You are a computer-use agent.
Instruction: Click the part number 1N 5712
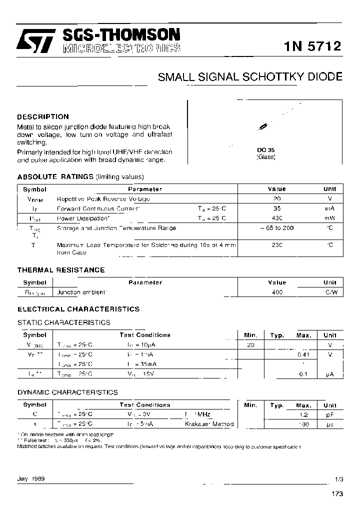312,46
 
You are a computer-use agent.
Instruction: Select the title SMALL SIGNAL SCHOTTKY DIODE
250,77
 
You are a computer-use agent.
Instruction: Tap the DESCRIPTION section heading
43,116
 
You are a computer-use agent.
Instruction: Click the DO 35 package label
265,150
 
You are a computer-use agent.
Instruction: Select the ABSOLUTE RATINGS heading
55,177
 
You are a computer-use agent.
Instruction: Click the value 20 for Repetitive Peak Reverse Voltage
277,198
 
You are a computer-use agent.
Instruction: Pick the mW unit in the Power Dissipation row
329,218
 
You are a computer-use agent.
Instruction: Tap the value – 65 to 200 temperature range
277,228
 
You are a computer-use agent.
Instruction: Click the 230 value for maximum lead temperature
277,245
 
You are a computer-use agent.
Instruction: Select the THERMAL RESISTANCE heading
61,270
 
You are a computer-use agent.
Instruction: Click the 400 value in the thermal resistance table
277,292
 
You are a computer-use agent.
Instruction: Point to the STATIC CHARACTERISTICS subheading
63,322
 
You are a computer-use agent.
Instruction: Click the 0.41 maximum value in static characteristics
303,354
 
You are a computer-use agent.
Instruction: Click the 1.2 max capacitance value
303,414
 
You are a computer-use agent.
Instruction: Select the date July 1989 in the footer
31,478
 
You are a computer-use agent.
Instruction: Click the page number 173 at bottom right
337,494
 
